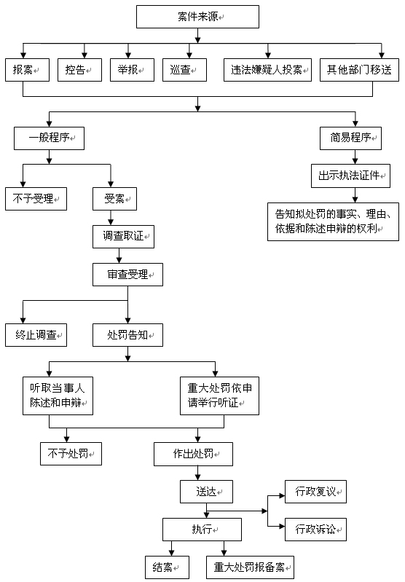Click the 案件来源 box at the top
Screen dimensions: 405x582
[x=197, y=17]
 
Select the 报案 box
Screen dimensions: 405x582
[x=27, y=70]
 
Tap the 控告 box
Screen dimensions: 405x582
[x=80, y=70]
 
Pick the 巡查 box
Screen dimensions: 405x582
[x=184, y=70]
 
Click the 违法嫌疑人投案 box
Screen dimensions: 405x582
[x=267, y=70]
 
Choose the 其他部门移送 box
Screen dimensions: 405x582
[x=359, y=70]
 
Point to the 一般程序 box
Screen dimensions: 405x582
[x=49, y=138]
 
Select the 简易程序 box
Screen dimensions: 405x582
[x=350, y=138]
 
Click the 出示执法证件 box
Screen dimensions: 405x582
[x=350, y=176]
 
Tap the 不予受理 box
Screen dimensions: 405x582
[x=36, y=199]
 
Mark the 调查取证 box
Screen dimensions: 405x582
[x=123, y=237]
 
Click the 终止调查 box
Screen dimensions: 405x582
[x=36, y=335]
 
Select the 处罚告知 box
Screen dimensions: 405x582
[x=127, y=335]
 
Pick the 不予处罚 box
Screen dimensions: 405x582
[x=71, y=454]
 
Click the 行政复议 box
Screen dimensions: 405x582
[x=315, y=492]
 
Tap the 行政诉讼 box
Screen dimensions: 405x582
[x=315, y=530]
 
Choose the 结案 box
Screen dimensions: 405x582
[x=167, y=567]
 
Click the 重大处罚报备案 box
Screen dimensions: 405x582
[x=250, y=567]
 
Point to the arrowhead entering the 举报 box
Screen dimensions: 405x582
[x=128, y=55]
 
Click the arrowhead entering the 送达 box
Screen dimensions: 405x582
[x=197, y=477]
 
